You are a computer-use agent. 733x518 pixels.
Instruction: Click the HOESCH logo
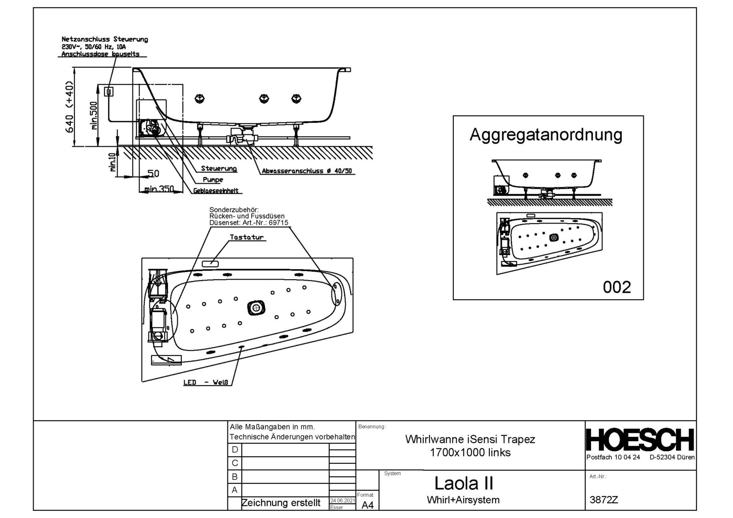coord(640,440)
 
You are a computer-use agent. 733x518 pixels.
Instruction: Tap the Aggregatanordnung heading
coord(545,134)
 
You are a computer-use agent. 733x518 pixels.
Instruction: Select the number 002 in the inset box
coord(616,287)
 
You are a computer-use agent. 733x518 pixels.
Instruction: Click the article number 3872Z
coord(603,499)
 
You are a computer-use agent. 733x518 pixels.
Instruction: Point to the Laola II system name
coord(463,483)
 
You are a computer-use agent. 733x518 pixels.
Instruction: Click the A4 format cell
coord(367,505)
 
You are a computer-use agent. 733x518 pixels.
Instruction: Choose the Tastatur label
coord(247,237)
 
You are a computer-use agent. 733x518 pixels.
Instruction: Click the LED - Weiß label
coord(207,383)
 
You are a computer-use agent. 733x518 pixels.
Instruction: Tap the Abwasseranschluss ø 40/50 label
coord(307,171)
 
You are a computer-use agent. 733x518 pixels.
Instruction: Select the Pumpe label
coord(213,180)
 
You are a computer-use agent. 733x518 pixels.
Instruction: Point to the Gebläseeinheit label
coord(216,191)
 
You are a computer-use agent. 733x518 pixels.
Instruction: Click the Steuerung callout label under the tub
coord(219,169)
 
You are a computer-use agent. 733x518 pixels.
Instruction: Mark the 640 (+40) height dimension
coord(70,107)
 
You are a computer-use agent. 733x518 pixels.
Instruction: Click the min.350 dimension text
coord(159,189)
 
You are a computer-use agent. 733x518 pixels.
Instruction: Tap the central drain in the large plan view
coord(256,307)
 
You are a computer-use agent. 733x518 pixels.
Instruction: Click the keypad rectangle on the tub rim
coord(210,263)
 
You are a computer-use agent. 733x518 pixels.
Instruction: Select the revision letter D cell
coord(235,449)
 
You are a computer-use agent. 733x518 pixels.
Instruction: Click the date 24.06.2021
coord(343,501)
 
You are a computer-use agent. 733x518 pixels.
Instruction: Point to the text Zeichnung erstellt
coord(281,503)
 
